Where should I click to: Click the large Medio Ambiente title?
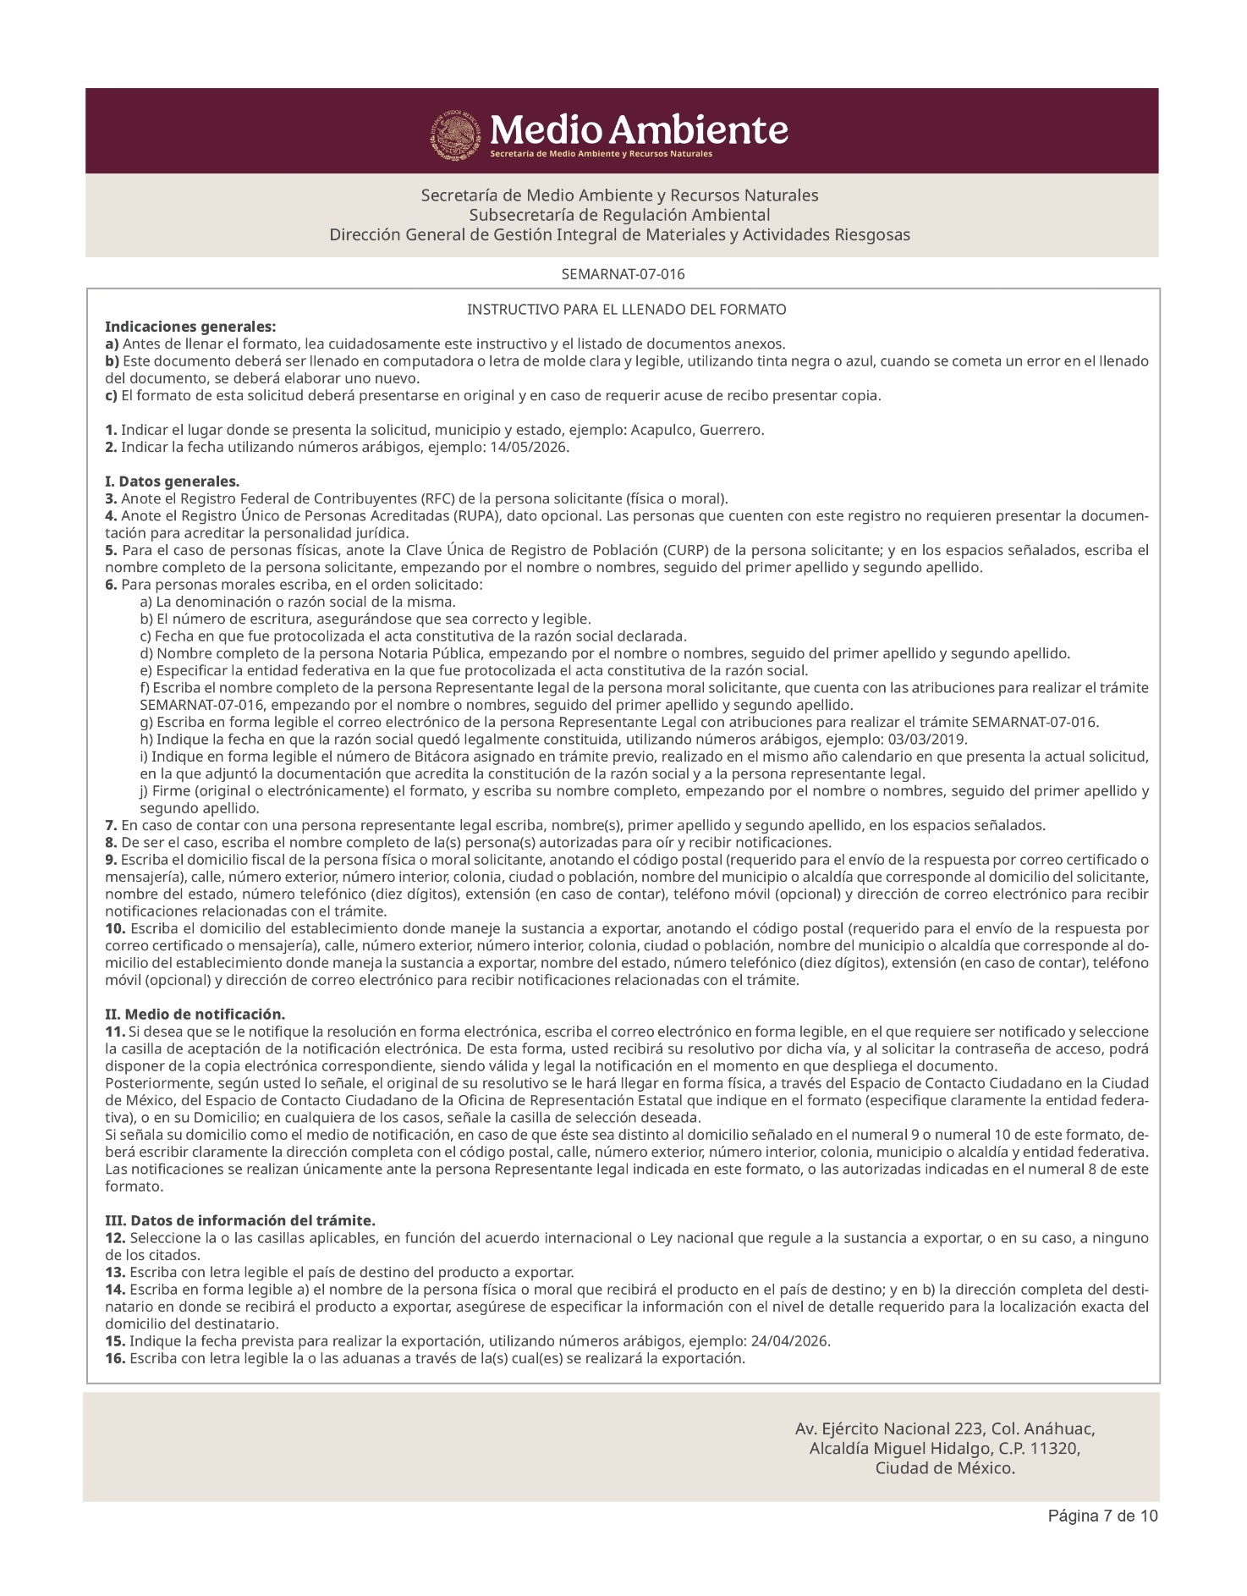pos(639,129)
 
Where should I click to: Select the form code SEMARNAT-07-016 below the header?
pos(623,274)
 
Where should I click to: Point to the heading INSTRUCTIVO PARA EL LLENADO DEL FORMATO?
pos(626,310)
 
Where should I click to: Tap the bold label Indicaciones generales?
pos(190,327)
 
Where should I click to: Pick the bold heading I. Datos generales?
pos(173,482)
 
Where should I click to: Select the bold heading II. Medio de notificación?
pos(195,1014)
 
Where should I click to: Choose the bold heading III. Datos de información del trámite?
pos(240,1220)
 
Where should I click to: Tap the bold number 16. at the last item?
pos(116,1358)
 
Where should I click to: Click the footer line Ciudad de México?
pos(945,1468)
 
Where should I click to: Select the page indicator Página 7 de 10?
pos(1102,1516)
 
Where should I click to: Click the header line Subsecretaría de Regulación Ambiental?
pos(619,215)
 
